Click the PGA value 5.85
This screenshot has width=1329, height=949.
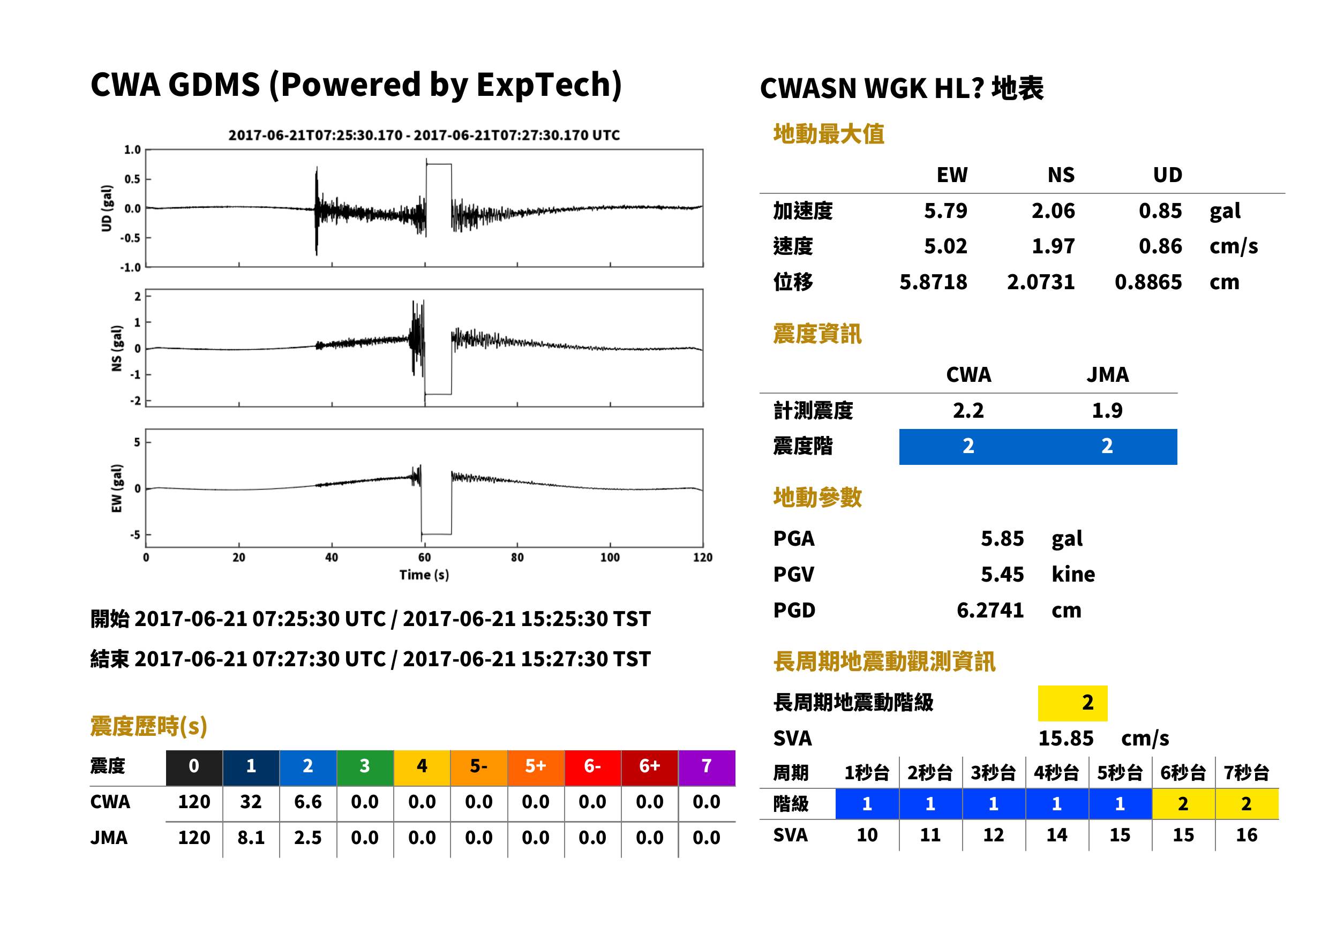pos(1002,538)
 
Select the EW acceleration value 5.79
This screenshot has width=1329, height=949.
pos(945,210)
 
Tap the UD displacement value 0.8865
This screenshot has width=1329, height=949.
pos(1148,282)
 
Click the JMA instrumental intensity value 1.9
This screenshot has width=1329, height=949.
pos(1107,410)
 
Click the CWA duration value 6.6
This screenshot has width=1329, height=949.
pos(308,802)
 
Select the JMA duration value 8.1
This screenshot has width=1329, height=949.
pos(251,838)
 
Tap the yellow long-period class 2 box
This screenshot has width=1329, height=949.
pos(1072,703)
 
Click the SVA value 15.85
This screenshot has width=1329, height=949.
pos(1065,738)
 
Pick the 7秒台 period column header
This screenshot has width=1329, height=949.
pos(1247,772)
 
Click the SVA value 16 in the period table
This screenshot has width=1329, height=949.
pos(1247,835)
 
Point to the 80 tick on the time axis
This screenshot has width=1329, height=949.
pos(517,558)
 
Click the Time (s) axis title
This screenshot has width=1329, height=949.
pos(424,575)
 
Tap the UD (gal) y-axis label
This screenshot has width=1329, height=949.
pos(107,208)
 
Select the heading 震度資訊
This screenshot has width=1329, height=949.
pos(817,334)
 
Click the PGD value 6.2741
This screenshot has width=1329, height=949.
pos(990,610)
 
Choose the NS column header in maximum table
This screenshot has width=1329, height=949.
pos(1061,175)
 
